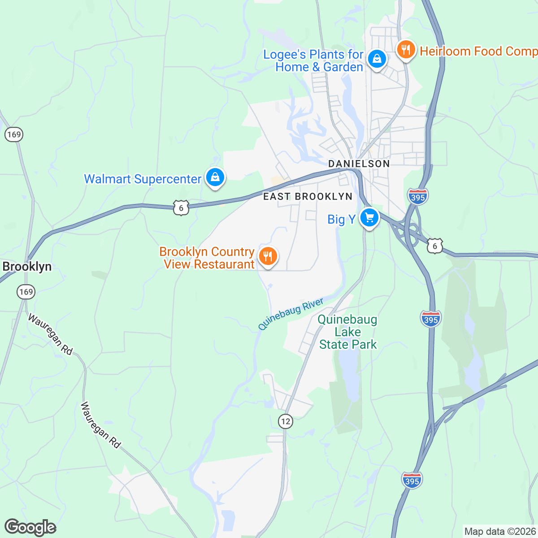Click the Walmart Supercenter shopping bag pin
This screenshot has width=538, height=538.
(215, 178)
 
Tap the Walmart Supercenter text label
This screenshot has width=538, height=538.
(143, 179)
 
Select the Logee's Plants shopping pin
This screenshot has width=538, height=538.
(377, 59)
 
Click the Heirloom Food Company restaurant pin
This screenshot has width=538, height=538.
(406, 50)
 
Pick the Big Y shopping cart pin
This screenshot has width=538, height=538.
(369, 218)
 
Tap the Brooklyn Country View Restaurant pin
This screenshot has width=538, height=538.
(268, 257)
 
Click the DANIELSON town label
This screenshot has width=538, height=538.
(359, 164)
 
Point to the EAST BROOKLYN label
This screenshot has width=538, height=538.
(308, 196)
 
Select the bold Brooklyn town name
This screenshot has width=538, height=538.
(27, 267)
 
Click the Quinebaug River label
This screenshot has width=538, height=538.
(291, 314)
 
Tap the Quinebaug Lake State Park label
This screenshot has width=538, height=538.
(347, 332)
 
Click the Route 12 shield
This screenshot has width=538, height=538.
(285, 421)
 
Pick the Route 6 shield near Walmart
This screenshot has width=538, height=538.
(181, 208)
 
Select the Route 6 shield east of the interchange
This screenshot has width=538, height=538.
(434, 246)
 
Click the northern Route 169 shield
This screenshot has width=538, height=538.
(14, 134)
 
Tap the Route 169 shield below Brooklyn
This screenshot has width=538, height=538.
(26, 292)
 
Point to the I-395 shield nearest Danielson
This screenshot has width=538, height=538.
(418, 196)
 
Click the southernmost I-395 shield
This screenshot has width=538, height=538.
(412, 480)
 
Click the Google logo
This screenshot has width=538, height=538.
(30, 527)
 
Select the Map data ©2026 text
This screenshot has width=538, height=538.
(499, 532)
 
